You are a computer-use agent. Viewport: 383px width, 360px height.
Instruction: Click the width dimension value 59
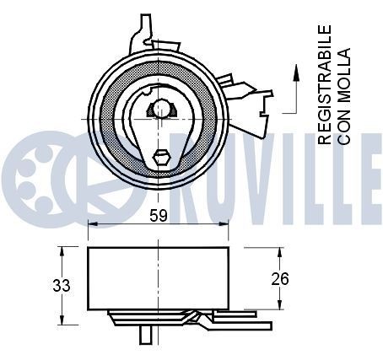158,215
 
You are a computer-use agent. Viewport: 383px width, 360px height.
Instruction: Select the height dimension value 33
62,285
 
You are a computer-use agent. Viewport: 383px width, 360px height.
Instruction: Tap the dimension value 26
281,279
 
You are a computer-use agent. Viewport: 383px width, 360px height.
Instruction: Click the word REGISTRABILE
325,85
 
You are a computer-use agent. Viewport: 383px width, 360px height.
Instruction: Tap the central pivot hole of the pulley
160,110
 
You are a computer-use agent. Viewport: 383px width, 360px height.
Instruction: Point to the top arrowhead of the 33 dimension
61,250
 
